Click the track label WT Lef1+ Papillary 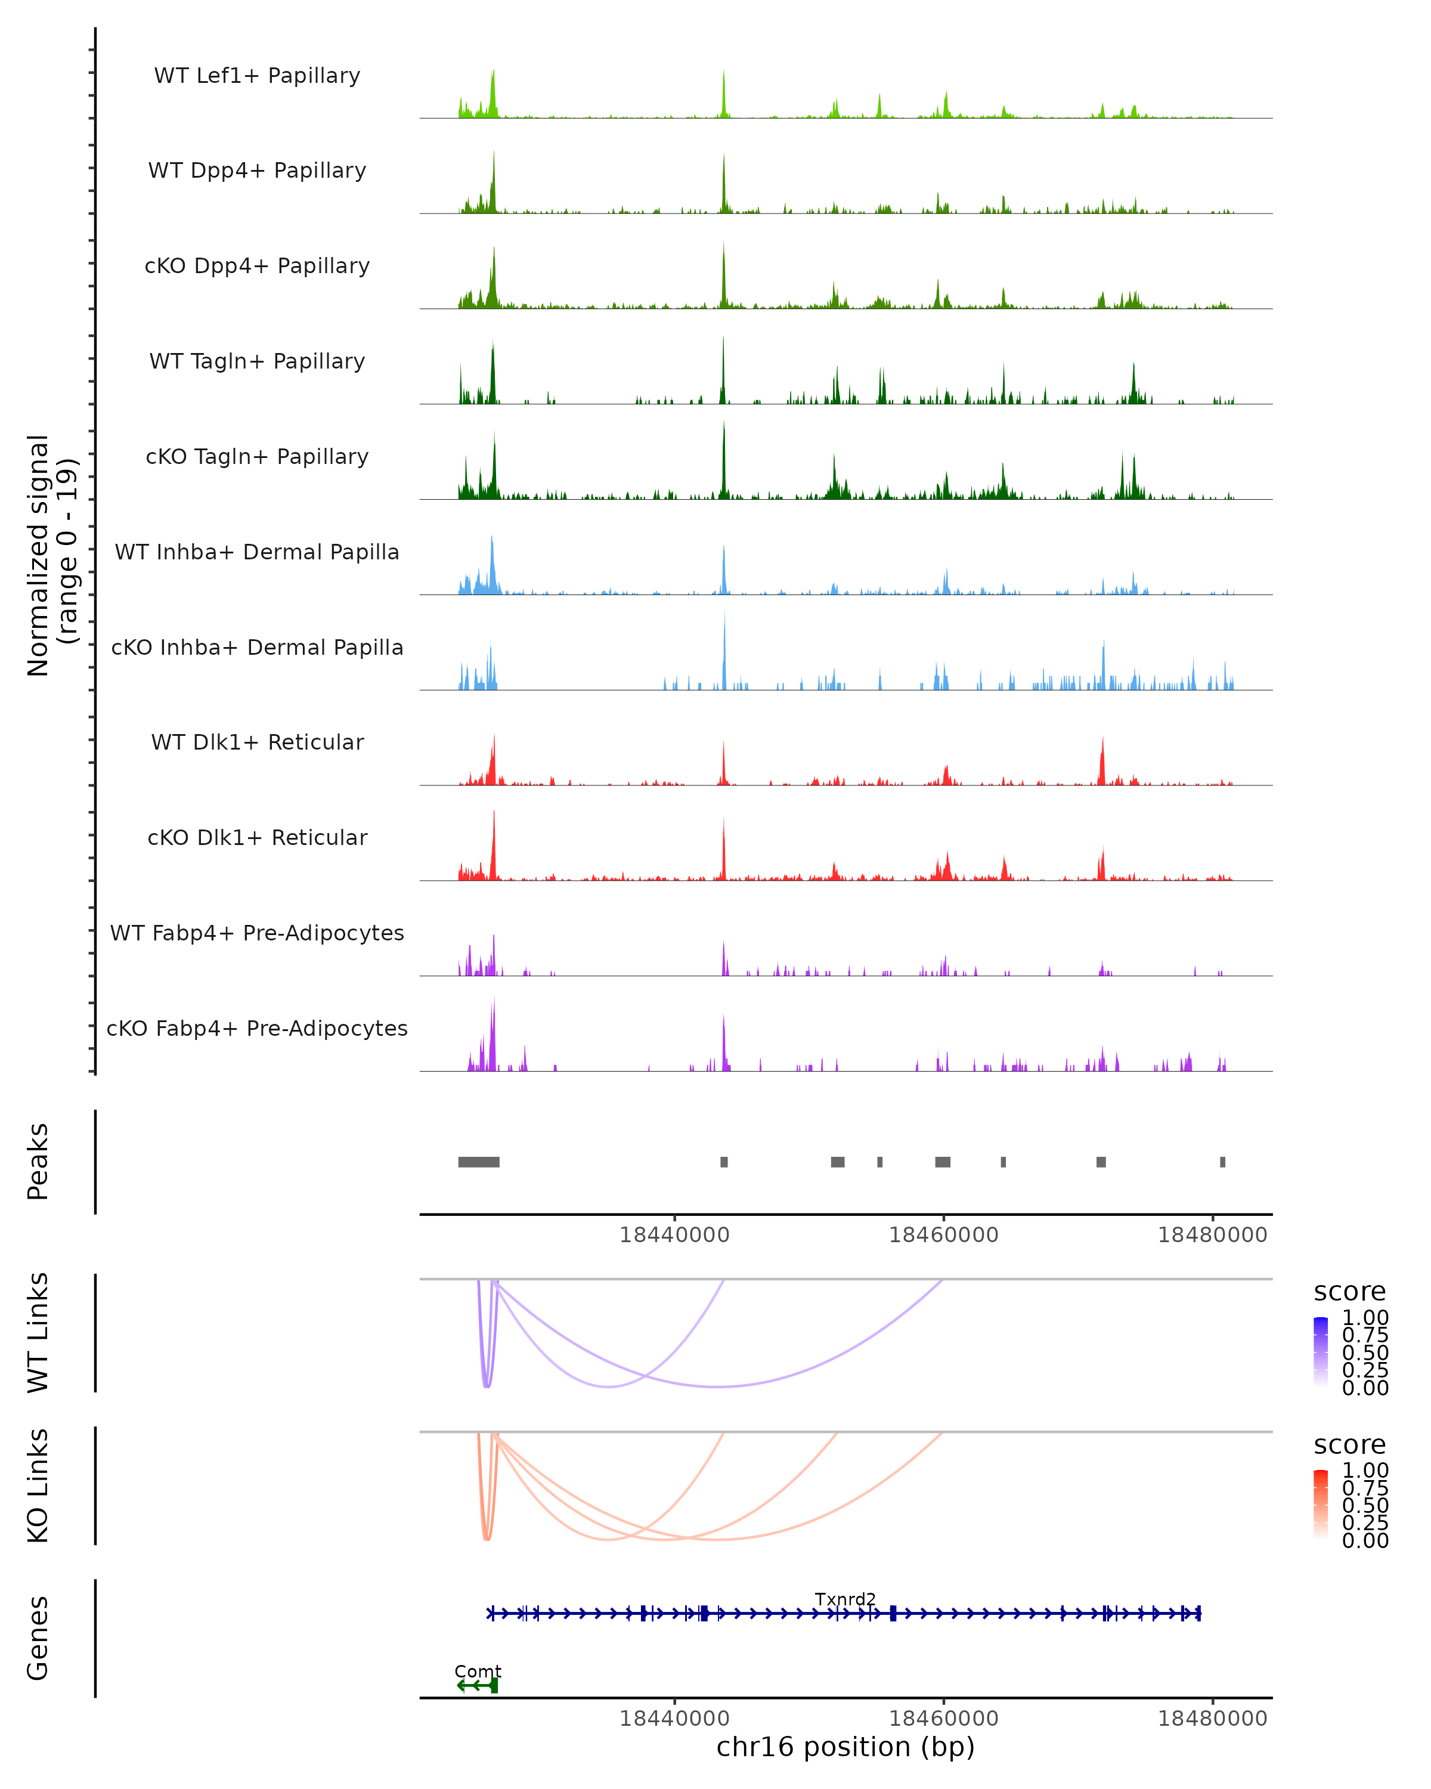point(257,76)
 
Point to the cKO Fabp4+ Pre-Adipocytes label point(257,1028)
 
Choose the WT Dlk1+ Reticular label point(257,742)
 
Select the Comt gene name point(478,1671)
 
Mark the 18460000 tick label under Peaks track point(943,1235)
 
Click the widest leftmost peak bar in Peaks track point(479,1162)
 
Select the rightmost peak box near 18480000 point(1222,1162)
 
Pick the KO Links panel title point(38,1486)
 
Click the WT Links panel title point(38,1333)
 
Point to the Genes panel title point(38,1638)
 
